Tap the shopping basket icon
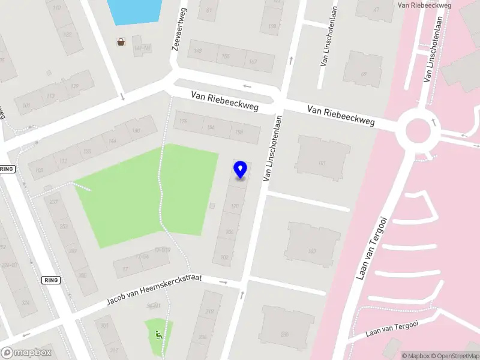pos(121,42)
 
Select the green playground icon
pos(158,335)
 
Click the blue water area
pos(134,11)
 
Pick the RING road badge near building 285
pos(52,280)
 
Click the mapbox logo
pos(26,353)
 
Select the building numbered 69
pos(364,74)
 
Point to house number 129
pos(75,87)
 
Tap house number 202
pos(224,257)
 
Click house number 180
pos(136,130)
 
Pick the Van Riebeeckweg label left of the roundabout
pos(341,116)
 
